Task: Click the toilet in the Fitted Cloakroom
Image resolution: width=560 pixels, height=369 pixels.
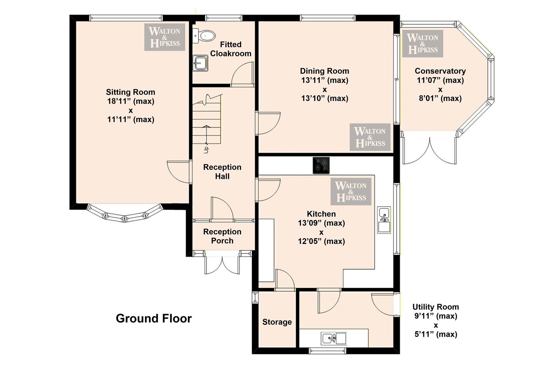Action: [204, 36]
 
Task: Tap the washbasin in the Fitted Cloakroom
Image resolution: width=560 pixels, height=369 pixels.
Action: [200, 63]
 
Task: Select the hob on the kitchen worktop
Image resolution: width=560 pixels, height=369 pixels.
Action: [321, 165]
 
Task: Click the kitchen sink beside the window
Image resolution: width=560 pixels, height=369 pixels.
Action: [384, 220]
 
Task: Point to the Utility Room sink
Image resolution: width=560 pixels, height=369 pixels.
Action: [334, 339]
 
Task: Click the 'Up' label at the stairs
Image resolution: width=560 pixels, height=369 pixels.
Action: [206, 150]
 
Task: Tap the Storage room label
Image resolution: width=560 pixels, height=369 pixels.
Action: [277, 322]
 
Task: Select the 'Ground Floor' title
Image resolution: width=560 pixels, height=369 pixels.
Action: [154, 318]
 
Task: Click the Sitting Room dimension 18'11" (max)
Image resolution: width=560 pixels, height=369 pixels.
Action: [131, 101]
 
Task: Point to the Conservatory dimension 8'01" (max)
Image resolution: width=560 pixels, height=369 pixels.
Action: [440, 98]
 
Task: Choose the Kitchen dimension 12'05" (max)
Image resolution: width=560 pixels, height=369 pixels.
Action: [321, 241]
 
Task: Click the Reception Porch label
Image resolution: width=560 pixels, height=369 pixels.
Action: [222, 236]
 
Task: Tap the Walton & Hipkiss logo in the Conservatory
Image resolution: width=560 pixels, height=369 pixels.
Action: [423, 44]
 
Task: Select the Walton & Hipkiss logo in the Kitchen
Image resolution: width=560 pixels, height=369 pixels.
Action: [351, 192]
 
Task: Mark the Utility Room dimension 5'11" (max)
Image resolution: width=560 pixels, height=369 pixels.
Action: [436, 334]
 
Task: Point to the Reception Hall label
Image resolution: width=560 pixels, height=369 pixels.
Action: [222, 172]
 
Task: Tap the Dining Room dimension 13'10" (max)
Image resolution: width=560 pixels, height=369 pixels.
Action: [325, 98]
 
